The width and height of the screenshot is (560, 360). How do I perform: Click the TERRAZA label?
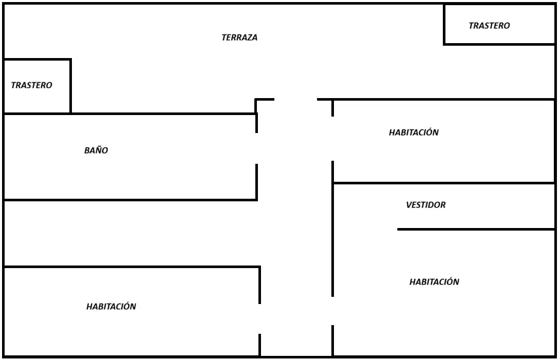[239, 37]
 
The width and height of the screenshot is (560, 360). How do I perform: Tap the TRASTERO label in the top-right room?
[489, 25]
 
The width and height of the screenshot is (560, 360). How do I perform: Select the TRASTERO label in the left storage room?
[31, 85]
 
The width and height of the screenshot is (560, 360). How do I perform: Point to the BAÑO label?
[96, 150]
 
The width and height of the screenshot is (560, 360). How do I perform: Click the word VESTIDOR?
[426, 204]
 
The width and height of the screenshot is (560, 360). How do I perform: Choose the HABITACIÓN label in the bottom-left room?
[111, 306]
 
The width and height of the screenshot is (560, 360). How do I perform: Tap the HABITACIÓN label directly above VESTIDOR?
[414, 132]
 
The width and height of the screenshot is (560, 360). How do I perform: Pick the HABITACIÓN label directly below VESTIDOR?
[434, 281]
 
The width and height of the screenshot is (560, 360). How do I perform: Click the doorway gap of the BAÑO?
[256, 148]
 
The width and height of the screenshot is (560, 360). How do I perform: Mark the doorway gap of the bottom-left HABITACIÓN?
[259, 319]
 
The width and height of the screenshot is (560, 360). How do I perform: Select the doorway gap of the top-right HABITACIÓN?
[332, 139]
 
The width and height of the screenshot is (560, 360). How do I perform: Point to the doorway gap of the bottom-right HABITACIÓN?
[332, 311]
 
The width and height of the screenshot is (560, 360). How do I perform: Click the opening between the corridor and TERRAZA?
[296, 99]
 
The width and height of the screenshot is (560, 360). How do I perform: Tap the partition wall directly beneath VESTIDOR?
[476, 229]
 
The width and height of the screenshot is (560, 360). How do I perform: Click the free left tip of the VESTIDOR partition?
[398, 229]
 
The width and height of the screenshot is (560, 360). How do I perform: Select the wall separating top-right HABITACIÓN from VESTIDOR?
[443, 183]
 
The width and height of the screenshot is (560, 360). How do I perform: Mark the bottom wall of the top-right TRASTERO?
[499, 44]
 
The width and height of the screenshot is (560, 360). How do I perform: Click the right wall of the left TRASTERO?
[71, 86]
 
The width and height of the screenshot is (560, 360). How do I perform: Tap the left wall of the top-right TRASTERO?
[444, 24]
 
